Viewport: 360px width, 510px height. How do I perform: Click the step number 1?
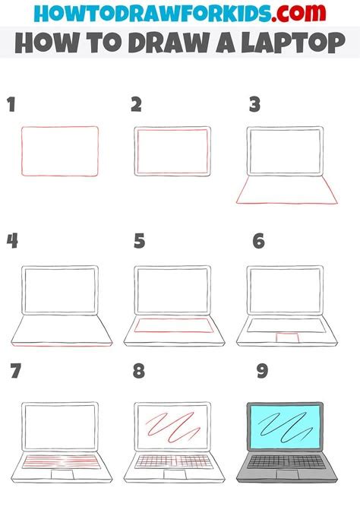tap(11, 106)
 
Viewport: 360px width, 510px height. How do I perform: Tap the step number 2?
tap(136, 106)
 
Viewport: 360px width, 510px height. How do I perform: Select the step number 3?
tap(256, 106)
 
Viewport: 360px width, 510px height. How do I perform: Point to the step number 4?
tap(12, 241)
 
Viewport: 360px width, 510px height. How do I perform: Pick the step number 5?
tap(139, 241)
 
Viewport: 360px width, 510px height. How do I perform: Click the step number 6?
tap(258, 241)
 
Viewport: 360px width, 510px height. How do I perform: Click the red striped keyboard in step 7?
tap(60, 461)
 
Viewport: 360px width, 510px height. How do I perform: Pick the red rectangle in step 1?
tap(60, 151)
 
